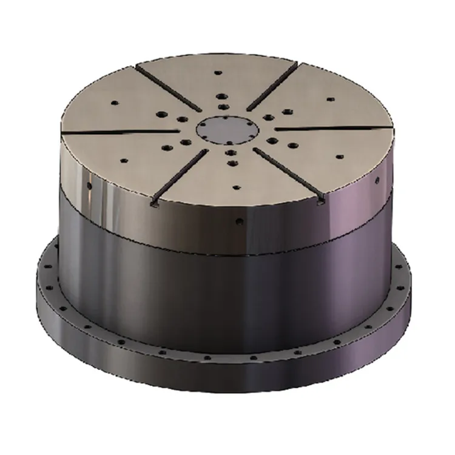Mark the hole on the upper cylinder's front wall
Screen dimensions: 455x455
pos(241,220)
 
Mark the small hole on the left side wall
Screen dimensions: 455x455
pos(89,183)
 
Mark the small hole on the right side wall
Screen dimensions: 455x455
pos(377,180)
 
